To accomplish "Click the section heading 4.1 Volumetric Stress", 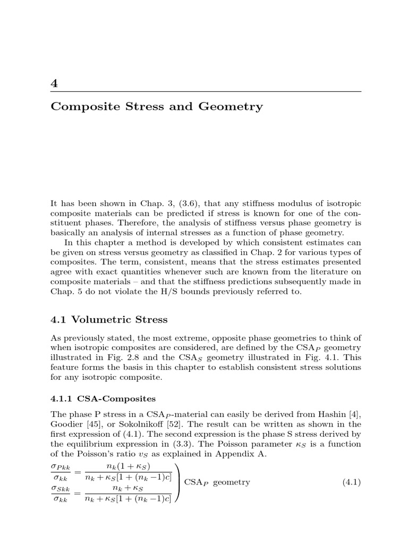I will (109, 319).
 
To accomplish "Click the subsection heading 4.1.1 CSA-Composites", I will (97, 397).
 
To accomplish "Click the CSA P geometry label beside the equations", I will (216, 482).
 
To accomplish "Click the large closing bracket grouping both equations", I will (177, 482).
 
